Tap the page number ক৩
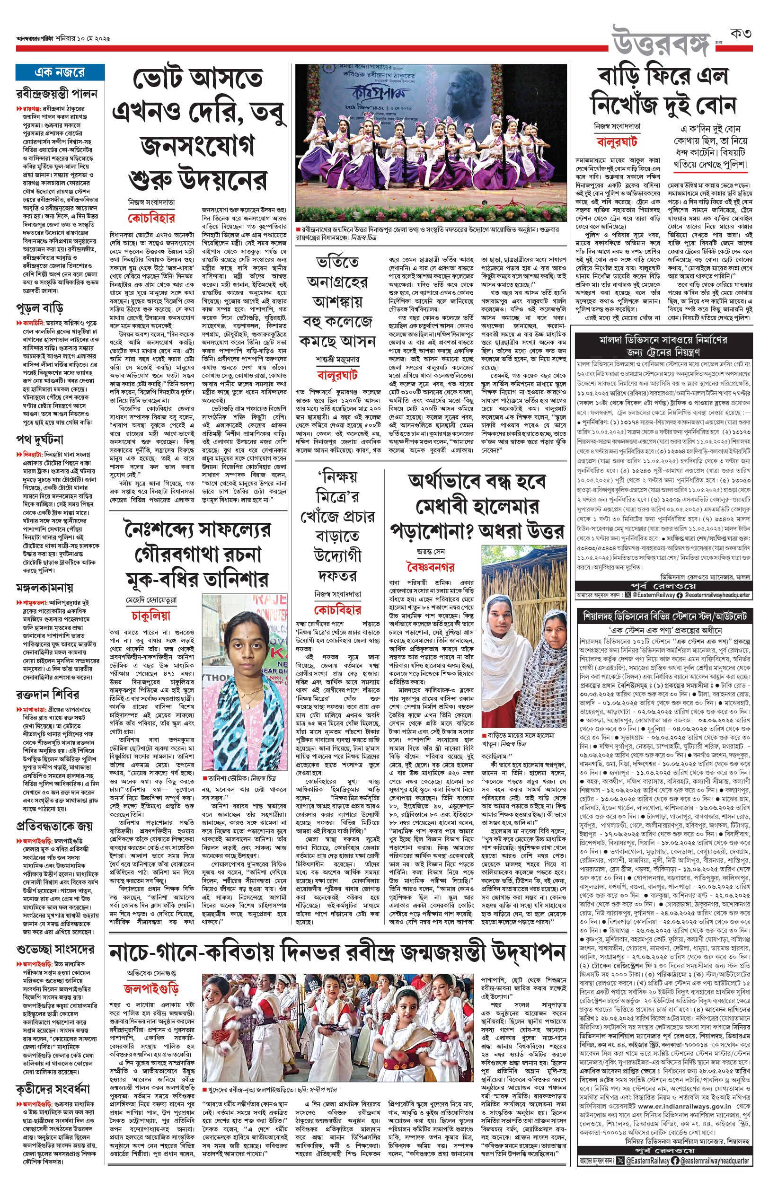[x=741, y=35]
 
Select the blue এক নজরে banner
[x=60, y=72]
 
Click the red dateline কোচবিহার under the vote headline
[x=151, y=218]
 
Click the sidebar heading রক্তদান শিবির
[x=47, y=694]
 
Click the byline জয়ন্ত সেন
[x=431, y=552]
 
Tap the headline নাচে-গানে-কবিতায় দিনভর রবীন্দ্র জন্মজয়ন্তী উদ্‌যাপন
[x=337, y=952]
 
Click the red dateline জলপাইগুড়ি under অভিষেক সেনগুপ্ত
[x=151, y=988]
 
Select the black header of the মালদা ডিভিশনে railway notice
[x=663, y=345]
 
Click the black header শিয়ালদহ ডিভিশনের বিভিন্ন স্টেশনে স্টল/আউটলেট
[x=663, y=616]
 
